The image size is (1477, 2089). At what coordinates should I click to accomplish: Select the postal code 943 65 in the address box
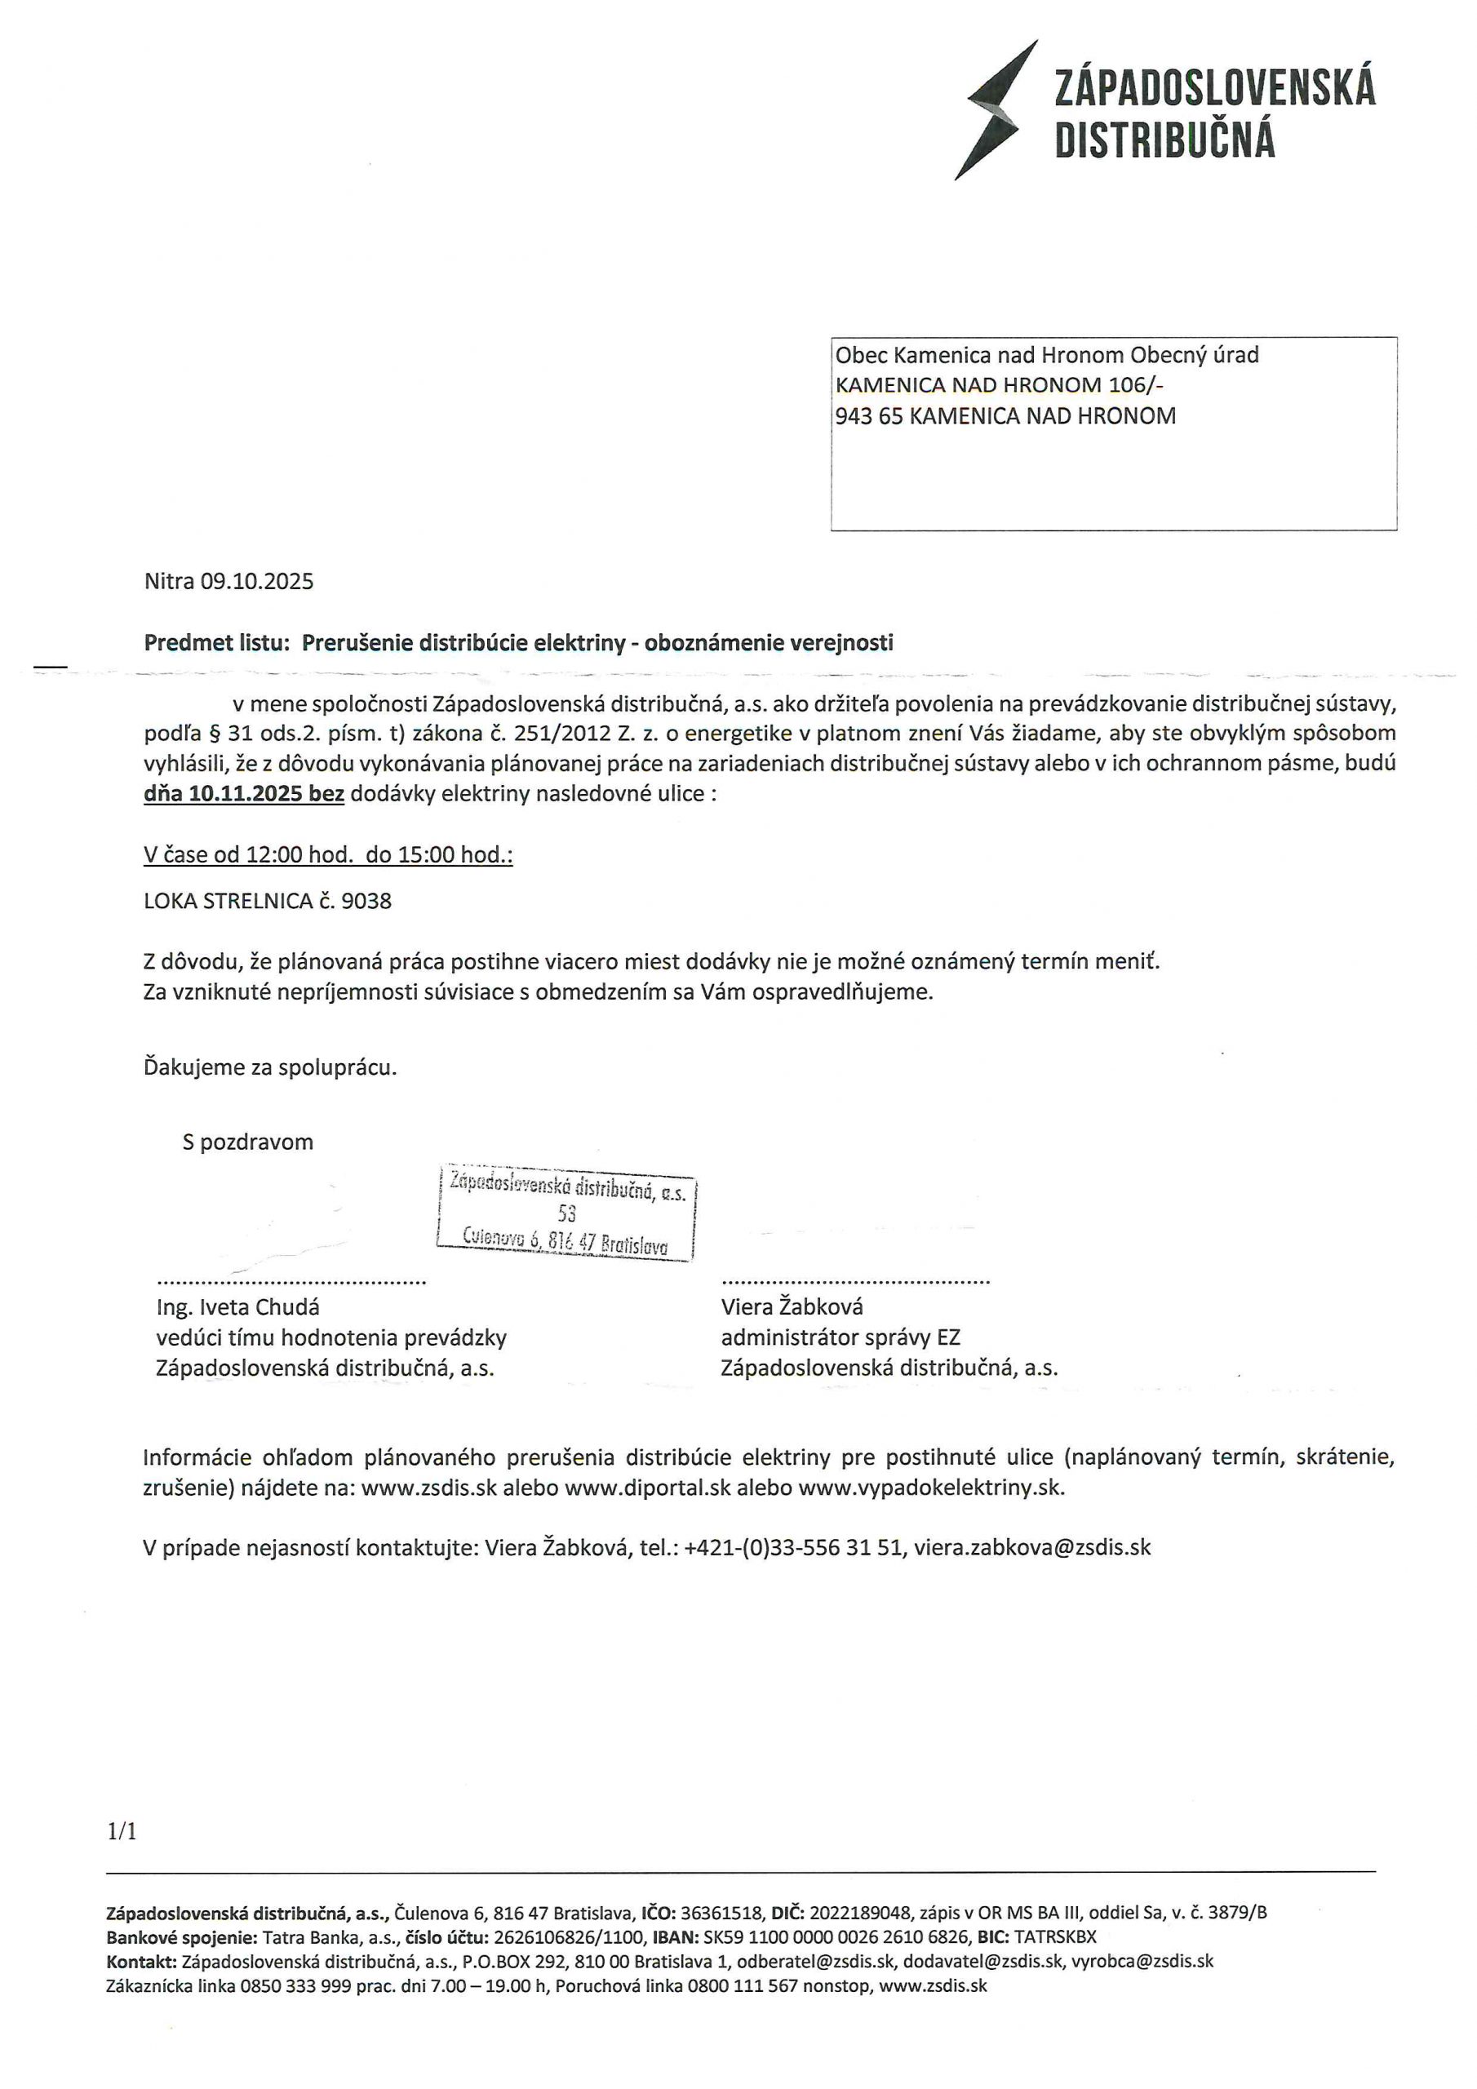point(869,417)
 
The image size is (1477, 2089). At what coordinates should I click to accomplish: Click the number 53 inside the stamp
point(567,1213)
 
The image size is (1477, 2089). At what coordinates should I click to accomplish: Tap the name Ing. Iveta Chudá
point(238,1307)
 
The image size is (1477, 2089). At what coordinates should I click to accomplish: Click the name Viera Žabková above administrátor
point(792,1307)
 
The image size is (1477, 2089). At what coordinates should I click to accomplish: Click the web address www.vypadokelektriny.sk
point(931,1488)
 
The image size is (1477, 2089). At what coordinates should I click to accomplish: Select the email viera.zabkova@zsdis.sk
point(1032,1548)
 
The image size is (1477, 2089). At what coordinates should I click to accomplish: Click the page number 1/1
point(123,1831)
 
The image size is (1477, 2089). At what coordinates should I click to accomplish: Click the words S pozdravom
point(247,1142)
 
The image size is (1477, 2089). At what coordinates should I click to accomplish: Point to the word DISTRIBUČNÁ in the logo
point(1164,141)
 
